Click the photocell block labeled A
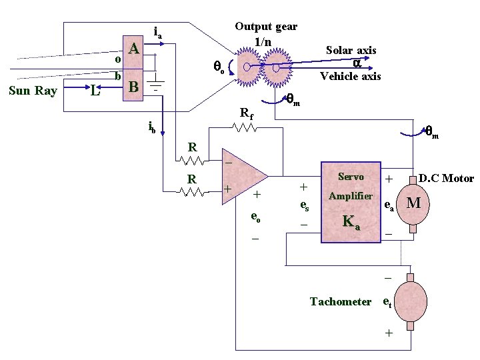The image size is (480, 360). pyautogui.click(x=133, y=52)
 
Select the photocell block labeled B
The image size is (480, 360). pyautogui.click(x=133, y=85)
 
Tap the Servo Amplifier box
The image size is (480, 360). pyautogui.click(x=351, y=202)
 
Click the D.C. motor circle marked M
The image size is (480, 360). pyautogui.click(x=413, y=204)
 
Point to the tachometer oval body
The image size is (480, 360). pyautogui.click(x=411, y=301)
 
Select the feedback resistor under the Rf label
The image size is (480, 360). pyautogui.click(x=244, y=127)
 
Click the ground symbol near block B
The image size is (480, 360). pyautogui.click(x=155, y=83)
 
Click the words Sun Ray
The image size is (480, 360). pyautogui.click(x=33, y=91)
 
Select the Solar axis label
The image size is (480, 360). pyautogui.click(x=351, y=50)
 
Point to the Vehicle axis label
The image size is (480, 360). pyautogui.click(x=351, y=76)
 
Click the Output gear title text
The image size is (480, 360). pyautogui.click(x=266, y=27)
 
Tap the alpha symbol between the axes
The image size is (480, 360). pyautogui.click(x=357, y=63)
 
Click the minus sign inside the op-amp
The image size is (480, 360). pyautogui.click(x=229, y=163)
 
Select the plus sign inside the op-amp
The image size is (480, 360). pyautogui.click(x=227, y=189)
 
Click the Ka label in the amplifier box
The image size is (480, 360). pyautogui.click(x=351, y=222)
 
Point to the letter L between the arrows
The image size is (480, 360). pyautogui.click(x=95, y=91)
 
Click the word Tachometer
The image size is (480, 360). pyautogui.click(x=341, y=301)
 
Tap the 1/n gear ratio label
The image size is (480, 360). pyautogui.click(x=263, y=41)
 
